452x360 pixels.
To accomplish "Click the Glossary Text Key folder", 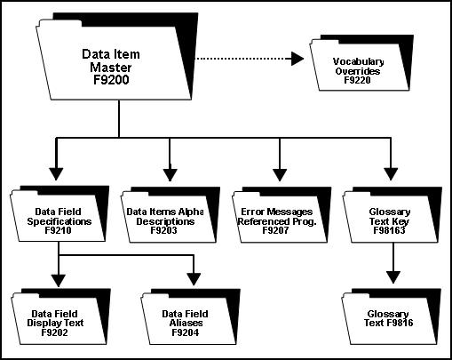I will coord(389,218).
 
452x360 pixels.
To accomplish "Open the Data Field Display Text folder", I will coord(59,316).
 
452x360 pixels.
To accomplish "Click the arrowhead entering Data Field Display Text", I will coord(58,280).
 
